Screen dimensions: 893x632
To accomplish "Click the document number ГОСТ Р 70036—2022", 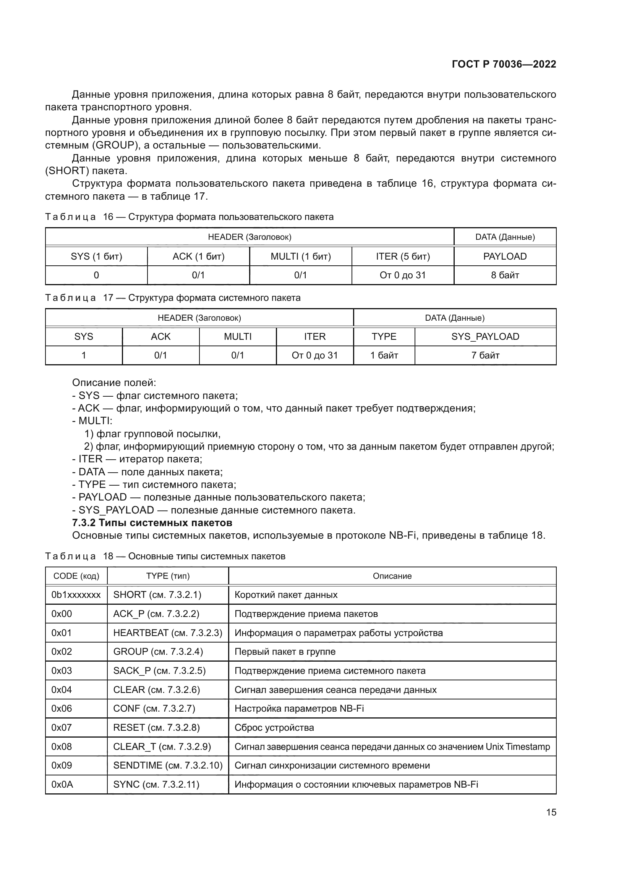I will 504,64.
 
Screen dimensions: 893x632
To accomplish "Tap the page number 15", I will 551,812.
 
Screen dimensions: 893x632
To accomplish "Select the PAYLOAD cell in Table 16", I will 505,256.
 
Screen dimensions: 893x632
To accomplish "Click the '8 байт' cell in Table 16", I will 505,275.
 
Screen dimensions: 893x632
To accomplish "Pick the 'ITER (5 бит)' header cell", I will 402,256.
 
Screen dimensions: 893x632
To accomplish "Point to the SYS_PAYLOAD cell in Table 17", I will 485,336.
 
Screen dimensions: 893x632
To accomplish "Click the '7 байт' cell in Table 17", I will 485,355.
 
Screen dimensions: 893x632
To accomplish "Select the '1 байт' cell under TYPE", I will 384,355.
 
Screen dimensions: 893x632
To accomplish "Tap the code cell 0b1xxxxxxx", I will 76,595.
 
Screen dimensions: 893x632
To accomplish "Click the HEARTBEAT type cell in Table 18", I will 167,633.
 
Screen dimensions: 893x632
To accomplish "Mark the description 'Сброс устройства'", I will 274,727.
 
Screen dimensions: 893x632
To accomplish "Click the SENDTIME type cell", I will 167,765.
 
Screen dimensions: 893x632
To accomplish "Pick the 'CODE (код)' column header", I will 76,576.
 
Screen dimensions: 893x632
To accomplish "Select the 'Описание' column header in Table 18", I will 392,576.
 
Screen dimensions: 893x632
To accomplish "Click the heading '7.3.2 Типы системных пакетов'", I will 152,522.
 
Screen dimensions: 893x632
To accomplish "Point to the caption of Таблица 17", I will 173,298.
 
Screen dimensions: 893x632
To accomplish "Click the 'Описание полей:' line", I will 114,383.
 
